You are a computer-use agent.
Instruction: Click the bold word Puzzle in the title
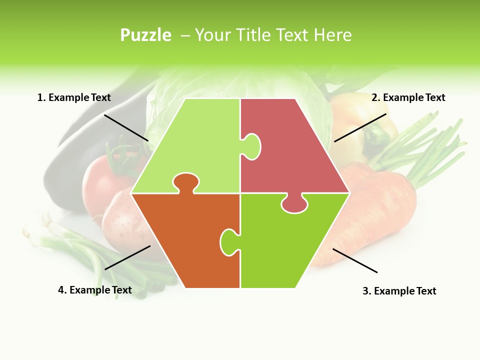click(145, 35)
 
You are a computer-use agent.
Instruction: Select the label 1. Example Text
click(74, 97)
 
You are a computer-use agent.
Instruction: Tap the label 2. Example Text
click(408, 97)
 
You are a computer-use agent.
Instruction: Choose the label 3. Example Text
click(399, 291)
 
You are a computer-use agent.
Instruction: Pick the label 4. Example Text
click(95, 290)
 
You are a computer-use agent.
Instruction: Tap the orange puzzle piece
click(185, 235)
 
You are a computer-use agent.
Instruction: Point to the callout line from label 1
click(126, 127)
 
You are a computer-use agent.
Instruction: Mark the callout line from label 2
click(360, 127)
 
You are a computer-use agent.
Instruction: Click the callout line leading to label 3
click(355, 260)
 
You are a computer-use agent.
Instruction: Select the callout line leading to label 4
click(127, 257)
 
